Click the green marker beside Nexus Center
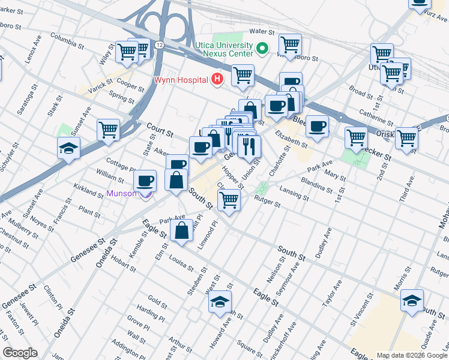(262, 48)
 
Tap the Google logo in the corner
(20, 353)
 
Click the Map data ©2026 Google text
(412, 355)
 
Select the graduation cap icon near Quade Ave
(412, 300)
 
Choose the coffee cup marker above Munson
(145, 180)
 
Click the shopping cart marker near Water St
(290, 44)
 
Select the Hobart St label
(123, 265)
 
